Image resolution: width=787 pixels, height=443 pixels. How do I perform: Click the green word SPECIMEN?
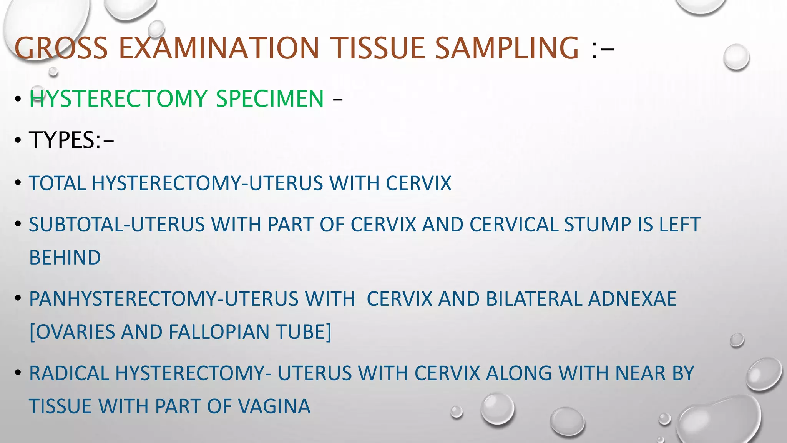click(270, 98)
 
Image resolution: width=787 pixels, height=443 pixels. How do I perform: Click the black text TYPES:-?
click(71, 140)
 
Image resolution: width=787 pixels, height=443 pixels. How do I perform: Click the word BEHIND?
click(65, 258)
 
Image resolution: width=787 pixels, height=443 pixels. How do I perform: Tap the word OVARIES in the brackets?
click(75, 332)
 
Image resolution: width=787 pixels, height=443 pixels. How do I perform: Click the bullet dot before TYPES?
click(18, 141)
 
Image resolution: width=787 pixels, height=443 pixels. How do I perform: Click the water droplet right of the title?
click(736, 57)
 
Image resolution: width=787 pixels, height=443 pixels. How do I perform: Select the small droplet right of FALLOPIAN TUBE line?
click(737, 340)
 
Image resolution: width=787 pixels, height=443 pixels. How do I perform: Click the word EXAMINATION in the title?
click(219, 48)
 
